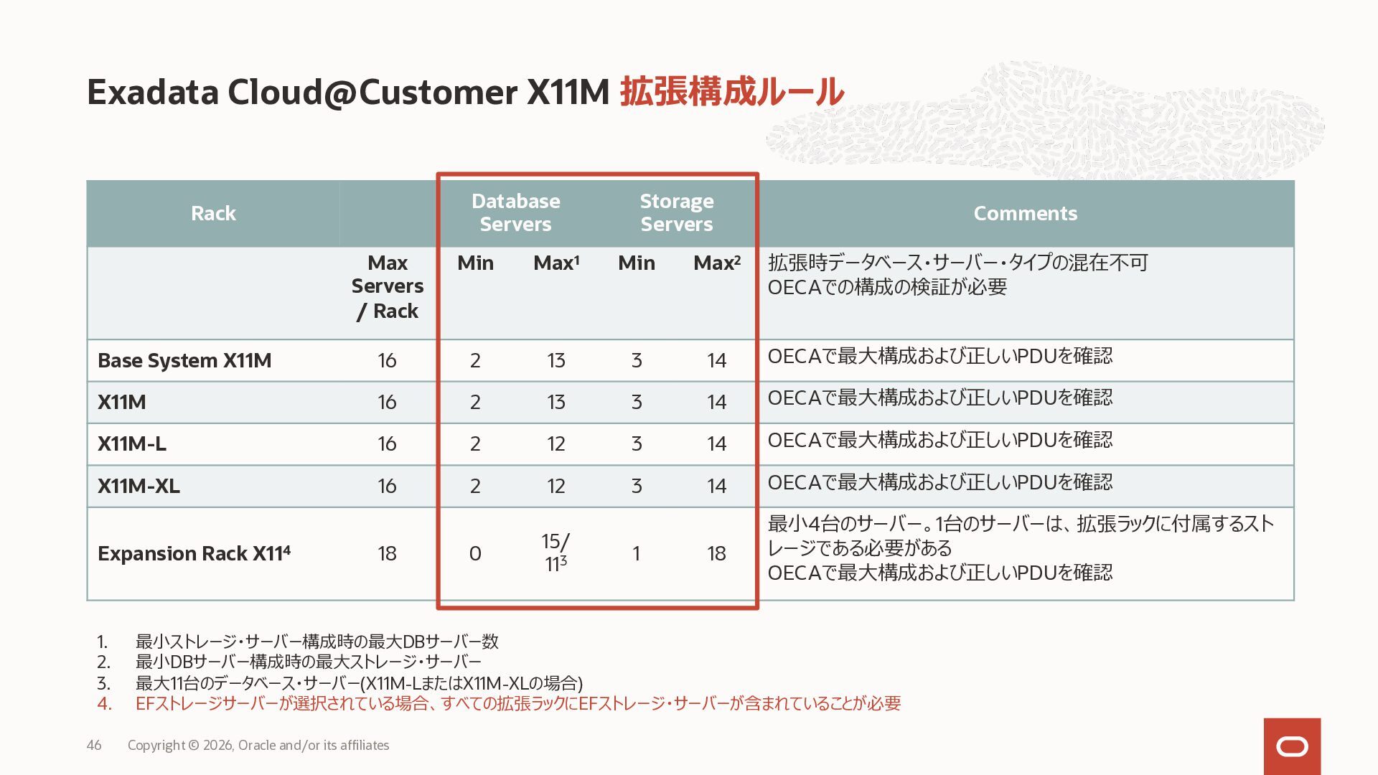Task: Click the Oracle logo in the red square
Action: pyautogui.click(x=1292, y=747)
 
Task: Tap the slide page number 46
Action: pyautogui.click(x=94, y=745)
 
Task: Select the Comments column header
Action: pyautogui.click(x=1025, y=213)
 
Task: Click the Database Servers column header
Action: pyautogui.click(x=515, y=212)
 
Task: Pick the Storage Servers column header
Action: pyautogui.click(x=677, y=212)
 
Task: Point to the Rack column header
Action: pyautogui.click(x=213, y=213)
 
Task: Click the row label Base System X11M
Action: pyautogui.click(x=184, y=360)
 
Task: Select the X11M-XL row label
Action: pyautogui.click(x=139, y=486)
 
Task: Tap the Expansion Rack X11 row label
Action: pyautogui.click(x=194, y=553)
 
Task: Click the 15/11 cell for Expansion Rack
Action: pyautogui.click(x=556, y=553)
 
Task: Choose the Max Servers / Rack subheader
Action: pyautogui.click(x=387, y=287)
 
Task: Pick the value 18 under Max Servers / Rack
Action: pyautogui.click(x=387, y=553)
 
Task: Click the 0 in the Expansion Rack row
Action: pyautogui.click(x=475, y=553)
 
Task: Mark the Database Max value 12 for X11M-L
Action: pyautogui.click(x=556, y=443)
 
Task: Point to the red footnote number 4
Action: pyautogui.click(x=104, y=703)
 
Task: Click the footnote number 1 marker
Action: pyautogui.click(x=102, y=642)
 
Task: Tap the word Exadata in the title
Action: pyautogui.click(x=152, y=92)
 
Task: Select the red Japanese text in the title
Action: pyautogui.click(x=731, y=92)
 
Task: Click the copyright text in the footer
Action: pyautogui.click(x=258, y=745)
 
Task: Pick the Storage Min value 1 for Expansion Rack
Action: pyautogui.click(x=636, y=553)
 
